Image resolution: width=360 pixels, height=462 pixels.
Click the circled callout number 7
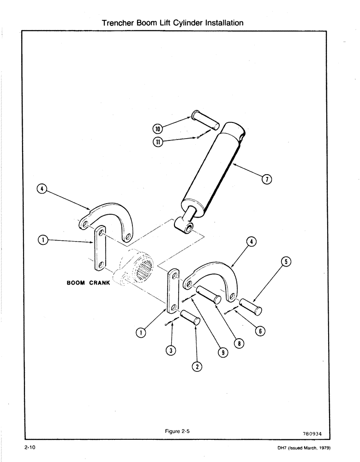click(266, 180)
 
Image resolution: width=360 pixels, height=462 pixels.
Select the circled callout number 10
click(158, 128)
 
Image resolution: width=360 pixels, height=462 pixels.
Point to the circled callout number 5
click(285, 262)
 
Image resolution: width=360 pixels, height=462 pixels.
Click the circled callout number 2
click(197, 367)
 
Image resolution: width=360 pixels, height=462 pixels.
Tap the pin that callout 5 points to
click(251, 305)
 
